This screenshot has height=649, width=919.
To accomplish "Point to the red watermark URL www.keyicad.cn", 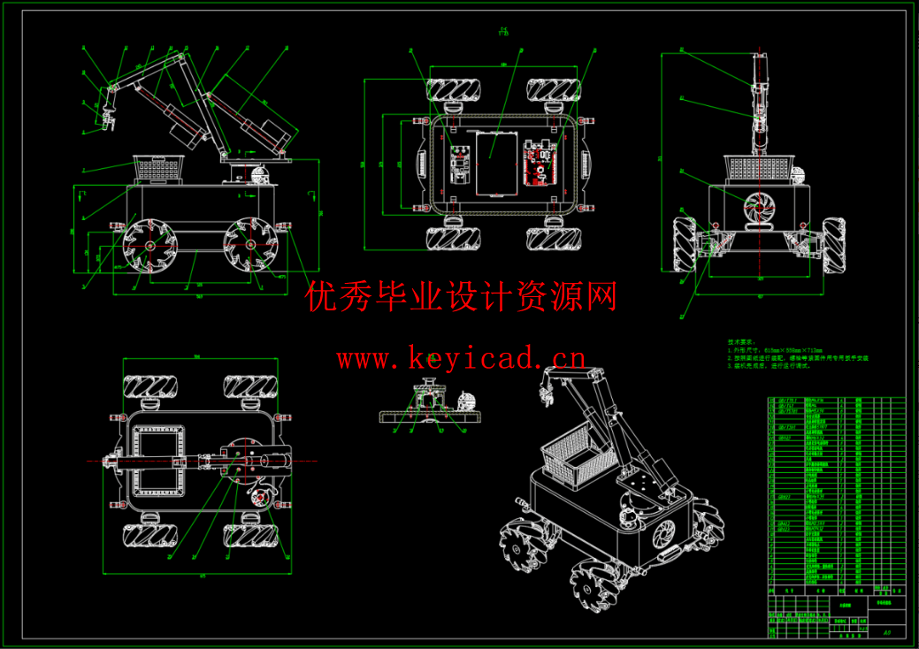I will pyautogui.click(x=460, y=359).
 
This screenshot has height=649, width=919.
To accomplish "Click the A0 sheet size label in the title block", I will pyautogui.click(x=887, y=633).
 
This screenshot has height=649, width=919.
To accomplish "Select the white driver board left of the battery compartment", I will pyautogui.click(x=459, y=163).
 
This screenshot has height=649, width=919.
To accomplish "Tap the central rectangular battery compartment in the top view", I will pyautogui.click(x=495, y=163).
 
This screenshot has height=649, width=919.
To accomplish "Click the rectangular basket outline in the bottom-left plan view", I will pyautogui.click(x=159, y=461).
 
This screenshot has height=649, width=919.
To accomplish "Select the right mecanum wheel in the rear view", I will pyautogui.click(x=835, y=242).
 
